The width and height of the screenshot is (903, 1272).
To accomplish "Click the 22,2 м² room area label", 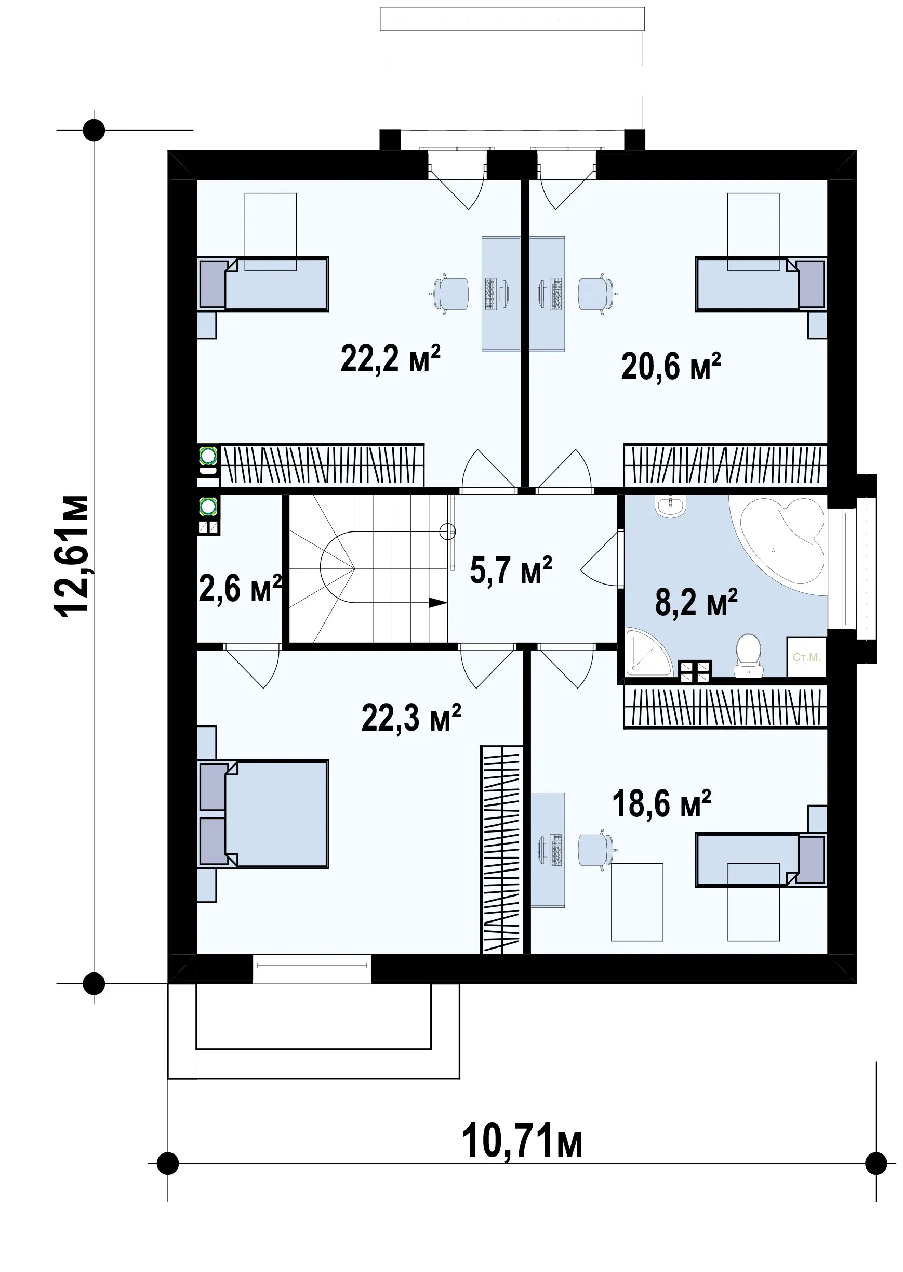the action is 390,359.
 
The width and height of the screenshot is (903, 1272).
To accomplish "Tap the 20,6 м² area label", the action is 671,367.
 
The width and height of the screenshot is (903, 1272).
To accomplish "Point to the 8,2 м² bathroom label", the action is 696,602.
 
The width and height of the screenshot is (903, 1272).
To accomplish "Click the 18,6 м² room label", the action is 662,803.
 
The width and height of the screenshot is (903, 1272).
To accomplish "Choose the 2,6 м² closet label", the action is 240,589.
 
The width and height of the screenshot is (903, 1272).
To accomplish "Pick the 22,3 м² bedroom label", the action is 411,718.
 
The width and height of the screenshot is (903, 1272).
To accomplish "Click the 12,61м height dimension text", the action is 72,556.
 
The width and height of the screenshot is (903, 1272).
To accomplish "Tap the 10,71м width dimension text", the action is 522,1140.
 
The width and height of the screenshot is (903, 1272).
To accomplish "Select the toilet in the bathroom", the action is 748,656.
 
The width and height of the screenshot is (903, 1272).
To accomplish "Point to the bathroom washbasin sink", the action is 671,505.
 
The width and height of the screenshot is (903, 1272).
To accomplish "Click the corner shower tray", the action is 648,652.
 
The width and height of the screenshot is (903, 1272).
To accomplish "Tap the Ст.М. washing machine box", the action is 807,657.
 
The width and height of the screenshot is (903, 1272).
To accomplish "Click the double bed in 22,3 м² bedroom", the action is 262,814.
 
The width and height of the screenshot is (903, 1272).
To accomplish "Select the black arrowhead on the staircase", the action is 438,603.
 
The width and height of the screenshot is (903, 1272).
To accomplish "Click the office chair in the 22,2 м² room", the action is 450,293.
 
